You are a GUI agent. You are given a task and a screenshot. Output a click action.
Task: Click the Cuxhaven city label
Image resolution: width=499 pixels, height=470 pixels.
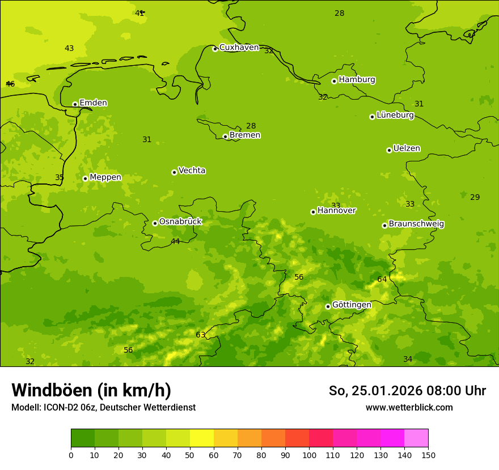tap(239, 48)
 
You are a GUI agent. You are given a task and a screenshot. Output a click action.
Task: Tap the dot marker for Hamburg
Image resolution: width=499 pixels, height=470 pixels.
tap(334, 81)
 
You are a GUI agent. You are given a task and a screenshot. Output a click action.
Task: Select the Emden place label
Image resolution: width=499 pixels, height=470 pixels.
tap(93, 103)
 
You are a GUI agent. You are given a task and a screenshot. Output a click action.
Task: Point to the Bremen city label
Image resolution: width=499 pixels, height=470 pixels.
tap(244, 135)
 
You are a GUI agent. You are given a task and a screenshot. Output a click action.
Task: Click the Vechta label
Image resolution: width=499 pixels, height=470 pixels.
tap(192, 170)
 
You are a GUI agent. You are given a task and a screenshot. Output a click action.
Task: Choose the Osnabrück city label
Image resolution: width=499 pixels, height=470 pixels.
tap(180, 221)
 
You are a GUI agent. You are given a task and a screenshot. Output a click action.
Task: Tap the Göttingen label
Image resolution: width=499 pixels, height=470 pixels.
tap(352, 305)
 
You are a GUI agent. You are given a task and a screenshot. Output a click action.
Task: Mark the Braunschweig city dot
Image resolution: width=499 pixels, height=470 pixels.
tap(384, 225)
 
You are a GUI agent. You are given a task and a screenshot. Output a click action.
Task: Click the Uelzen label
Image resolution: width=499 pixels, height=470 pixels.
tap(407, 148)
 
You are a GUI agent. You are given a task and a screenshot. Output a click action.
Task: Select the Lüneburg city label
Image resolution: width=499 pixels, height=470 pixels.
tap(395, 115)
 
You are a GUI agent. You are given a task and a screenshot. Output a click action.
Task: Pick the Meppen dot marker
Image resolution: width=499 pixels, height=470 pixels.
tap(85, 178)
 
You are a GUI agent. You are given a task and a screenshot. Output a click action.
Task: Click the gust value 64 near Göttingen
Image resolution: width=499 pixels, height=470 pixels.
tap(382, 279)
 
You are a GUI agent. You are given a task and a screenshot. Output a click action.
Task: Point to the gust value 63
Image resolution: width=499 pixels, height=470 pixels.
tap(201, 335)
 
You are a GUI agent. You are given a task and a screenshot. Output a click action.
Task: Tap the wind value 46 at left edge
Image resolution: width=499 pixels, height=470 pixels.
tap(10, 84)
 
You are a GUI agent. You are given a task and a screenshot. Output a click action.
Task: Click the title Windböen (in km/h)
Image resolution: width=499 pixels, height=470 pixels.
tap(91, 390)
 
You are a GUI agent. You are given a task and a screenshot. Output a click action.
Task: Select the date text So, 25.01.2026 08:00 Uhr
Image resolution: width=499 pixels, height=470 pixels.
tap(407, 391)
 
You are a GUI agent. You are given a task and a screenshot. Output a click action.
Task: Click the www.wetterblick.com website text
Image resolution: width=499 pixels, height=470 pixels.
tap(409, 407)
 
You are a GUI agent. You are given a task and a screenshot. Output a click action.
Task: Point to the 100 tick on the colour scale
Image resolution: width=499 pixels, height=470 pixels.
tap(309, 455)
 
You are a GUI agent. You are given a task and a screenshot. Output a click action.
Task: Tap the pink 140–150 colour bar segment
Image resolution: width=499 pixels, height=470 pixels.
tap(416, 438)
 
